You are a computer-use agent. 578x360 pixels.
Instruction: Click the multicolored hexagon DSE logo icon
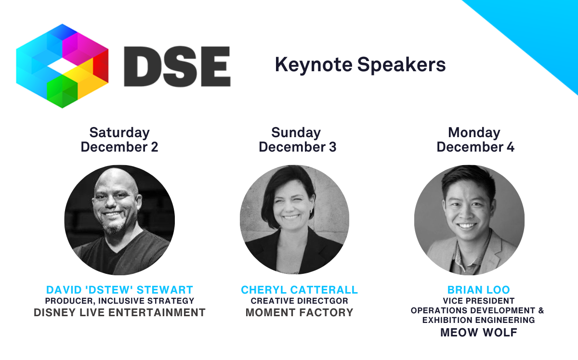(x=62, y=65)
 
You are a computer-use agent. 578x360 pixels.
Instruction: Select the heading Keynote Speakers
(x=360, y=64)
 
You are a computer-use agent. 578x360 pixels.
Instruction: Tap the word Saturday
(x=119, y=132)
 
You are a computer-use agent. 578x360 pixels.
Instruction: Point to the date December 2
(x=119, y=147)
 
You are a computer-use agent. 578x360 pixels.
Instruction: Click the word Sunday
(x=296, y=132)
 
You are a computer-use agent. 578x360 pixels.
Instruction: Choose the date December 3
(x=297, y=147)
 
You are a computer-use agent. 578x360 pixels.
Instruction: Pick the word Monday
(x=474, y=132)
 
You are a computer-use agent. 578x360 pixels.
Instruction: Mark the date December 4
(x=475, y=147)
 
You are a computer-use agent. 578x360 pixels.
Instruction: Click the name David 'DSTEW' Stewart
(x=119, y=290)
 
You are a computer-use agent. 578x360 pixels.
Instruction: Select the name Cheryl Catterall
(x=299, y=290)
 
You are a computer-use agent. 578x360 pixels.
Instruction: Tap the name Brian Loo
(x=478, y=290)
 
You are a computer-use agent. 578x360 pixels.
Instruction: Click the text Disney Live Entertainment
(x=119, y=313)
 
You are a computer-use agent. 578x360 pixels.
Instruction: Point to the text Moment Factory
(x=299, y=313)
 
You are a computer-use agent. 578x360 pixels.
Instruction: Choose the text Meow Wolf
(x=478, y=333)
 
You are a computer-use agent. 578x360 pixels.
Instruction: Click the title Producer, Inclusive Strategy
(x=119, y=301)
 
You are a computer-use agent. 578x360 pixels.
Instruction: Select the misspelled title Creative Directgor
(x=299, y=301)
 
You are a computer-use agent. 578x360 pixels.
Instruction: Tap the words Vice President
(x=478, y=301)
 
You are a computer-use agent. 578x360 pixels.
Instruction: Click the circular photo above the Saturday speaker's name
(x=119, y=220)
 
